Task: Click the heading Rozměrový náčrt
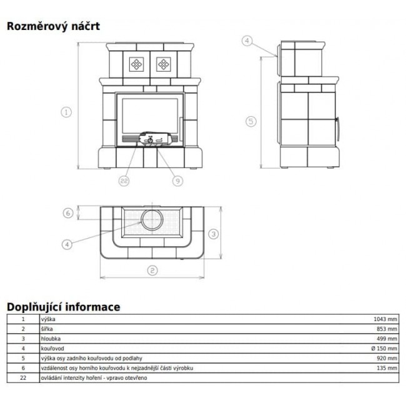(x=53, y=26)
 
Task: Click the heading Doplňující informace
(x=64, y=307)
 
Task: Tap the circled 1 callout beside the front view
(x=66, y=112)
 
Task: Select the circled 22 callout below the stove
(x=124, y=181)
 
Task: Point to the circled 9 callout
(x=177, y=181)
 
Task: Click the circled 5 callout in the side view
(x=251, y=121)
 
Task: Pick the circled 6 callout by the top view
(x=68, y=213)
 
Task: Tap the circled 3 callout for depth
(x=214, y=234)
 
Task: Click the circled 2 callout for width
(x=152, y=270)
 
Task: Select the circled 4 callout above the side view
(x=247, y=41)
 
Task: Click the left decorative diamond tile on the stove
(x=136, y=64)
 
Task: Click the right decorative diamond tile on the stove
(x=164, y=64)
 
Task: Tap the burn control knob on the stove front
(x=150, y=141)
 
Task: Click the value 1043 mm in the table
(x=385, y=319)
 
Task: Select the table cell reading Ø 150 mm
(x=384, y=349)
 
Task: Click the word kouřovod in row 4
(x=52, y=349)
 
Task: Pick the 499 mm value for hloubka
(x=387, y=339)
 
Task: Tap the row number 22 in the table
(x=23, y=378)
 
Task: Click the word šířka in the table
(x=47, y=329)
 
